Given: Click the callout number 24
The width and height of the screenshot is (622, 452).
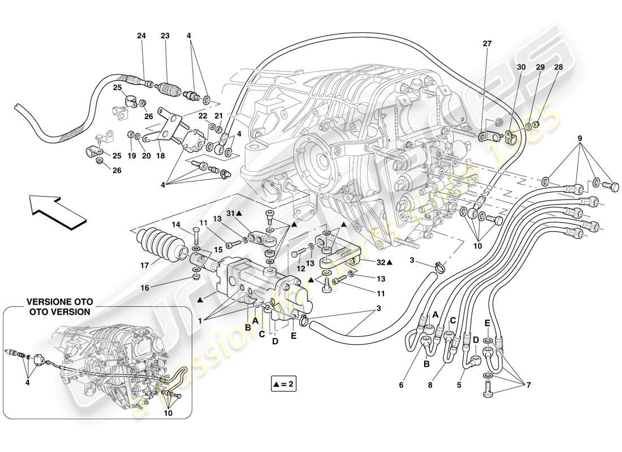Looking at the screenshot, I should pyautogui.click(x=141, y=36).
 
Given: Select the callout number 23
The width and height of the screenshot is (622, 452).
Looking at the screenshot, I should pyautogui.click(x=165, y=36).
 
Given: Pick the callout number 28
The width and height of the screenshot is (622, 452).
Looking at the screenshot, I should pyautogui.click(x=559, y=67).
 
